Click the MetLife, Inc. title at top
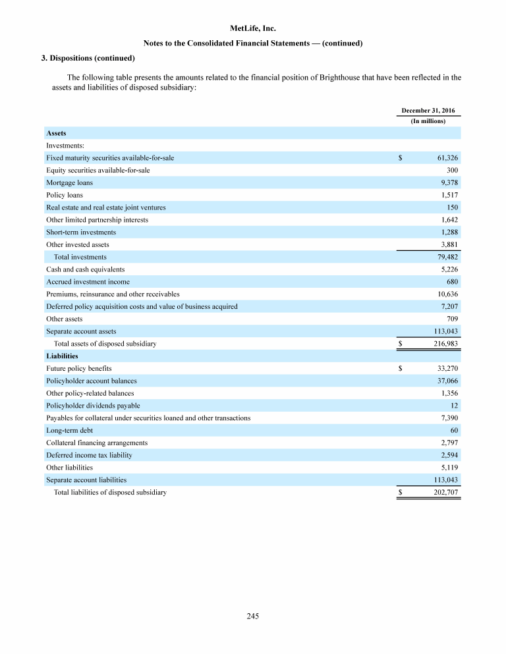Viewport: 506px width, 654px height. (x=253, y=29)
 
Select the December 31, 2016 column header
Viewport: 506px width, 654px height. (x=428, y=110)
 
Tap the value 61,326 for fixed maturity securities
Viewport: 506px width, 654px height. (x=447, y=158)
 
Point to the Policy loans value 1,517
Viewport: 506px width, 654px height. (x=449, y=195)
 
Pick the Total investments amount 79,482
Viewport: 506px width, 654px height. (x=447, y=257)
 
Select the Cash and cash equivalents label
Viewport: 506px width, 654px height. (x=85, y=269)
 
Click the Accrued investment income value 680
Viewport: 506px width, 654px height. (x=453, y=282)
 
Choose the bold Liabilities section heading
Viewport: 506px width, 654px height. (x=62, y=356)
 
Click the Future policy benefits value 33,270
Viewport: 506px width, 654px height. (x=447, y=369)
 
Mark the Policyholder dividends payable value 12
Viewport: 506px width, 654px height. (x=455, y=406)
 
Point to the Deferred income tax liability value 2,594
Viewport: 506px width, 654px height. (x=449, y=455)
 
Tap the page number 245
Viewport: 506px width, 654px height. (x=253, y=616)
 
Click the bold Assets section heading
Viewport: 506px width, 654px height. (x=56, y=133)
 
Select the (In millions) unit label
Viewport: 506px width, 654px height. (x=428, y=121)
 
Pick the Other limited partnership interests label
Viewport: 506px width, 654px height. (x=97, y=219)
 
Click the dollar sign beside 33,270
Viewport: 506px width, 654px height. (x=401, y=369)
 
